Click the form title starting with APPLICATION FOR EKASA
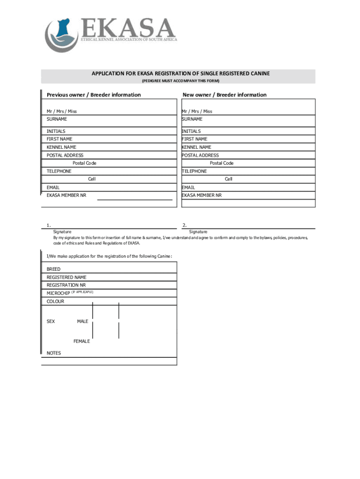point(180,74)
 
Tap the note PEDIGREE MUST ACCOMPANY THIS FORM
point(180,81)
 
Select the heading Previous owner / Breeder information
point(94,95)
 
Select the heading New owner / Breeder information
point(224,95)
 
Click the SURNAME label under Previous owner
point(57,119)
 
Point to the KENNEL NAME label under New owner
point(196,147)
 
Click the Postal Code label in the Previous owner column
point(85,163)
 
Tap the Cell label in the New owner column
point(229,179)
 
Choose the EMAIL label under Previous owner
point(53,188)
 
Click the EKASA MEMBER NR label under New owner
point(202,195)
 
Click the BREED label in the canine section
point(54,269)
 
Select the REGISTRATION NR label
point(66,285)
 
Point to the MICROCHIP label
point(58,293)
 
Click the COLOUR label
point(56,302)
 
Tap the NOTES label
point(54,353)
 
